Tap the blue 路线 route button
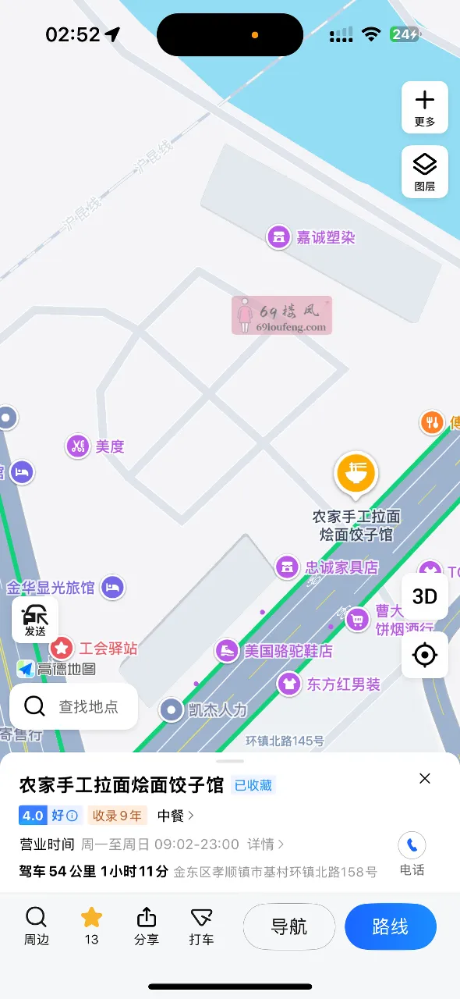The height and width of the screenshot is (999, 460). pyautogui.click(x=390, y=926)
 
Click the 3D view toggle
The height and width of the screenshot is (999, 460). pyautogui.click(x=424, y=596)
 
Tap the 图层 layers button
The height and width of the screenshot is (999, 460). pyautogui.click(x=424, y=171)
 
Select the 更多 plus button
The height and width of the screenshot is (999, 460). pyautogui.click(x=424, y=107)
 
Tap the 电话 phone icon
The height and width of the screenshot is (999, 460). pyautogui.click(x=412, y=844)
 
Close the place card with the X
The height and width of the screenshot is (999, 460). pyautogui.click(x=425, y=778)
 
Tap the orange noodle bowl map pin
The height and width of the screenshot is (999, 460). pyautogui.click(x=356, y=474)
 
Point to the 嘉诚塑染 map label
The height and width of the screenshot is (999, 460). pyautogui.click(x=325, y=236)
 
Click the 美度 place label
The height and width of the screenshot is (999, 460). pyautogui.click(x=109, y=446)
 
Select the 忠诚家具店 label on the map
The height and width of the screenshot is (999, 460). pyautogui.click(x=341, y=567)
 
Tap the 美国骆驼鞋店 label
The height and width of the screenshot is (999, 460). pyautogui.click(x=288, y=651)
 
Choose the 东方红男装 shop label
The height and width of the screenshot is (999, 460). pyautogui.click(x=342, y=684)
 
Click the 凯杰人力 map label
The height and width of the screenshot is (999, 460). pyautogui.click(x=217, y=710)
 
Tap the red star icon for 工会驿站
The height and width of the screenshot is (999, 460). pyautogui.click(x=62, y=648)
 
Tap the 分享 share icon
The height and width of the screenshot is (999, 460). pyautogui.click(x=147, y=926)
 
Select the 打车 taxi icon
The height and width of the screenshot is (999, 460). pyautogui.click(x=201, y=926)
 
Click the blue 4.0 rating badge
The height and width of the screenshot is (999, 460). pyautogui.click(x=33, y=816)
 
